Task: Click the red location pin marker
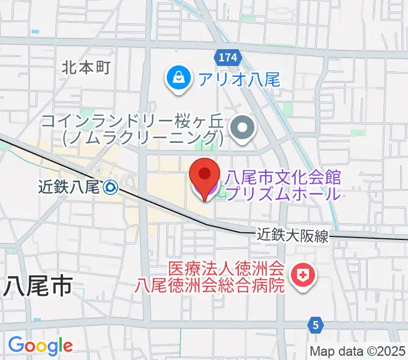(204, 176)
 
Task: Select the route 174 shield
(228, 58)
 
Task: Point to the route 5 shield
(316, 325)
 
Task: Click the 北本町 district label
(86, 67)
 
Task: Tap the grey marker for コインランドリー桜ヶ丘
(243, 128)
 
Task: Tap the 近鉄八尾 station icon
(110, 188)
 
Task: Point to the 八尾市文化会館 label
(283, 177)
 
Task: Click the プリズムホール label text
(283, 193)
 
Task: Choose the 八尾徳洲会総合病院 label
(209, 284)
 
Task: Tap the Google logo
(40, 345)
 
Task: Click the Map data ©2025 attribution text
(356, 351)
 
